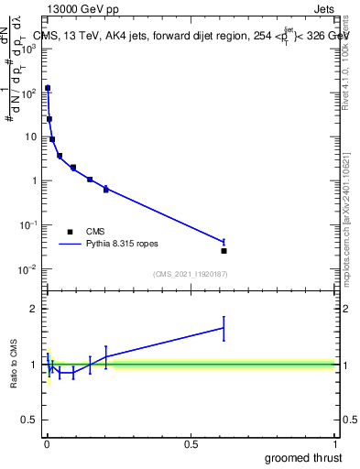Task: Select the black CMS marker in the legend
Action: point(70,232)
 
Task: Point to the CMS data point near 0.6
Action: point(224,250)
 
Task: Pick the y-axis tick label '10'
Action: point(31,136)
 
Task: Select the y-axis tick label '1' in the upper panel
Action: point(34,180)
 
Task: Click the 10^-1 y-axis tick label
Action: point(27,224)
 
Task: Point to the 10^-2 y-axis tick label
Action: point(27,268)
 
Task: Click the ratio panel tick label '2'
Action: point(34,309)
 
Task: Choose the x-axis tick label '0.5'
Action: point(191,443)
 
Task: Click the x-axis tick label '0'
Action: point(47,443)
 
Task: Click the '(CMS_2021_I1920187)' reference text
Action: point(191,274)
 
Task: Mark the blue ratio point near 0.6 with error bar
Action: point(224,327)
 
